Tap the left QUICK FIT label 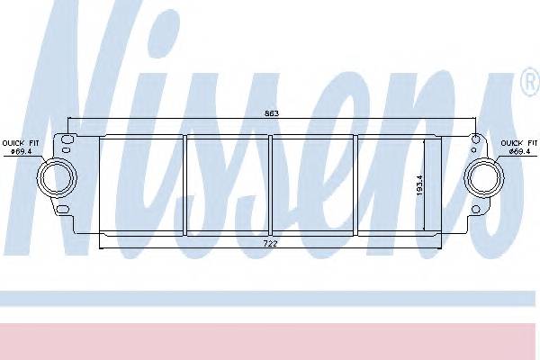tap(19, 142)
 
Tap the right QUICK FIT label tap(519, 142)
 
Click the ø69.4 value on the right tap(519, 150)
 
